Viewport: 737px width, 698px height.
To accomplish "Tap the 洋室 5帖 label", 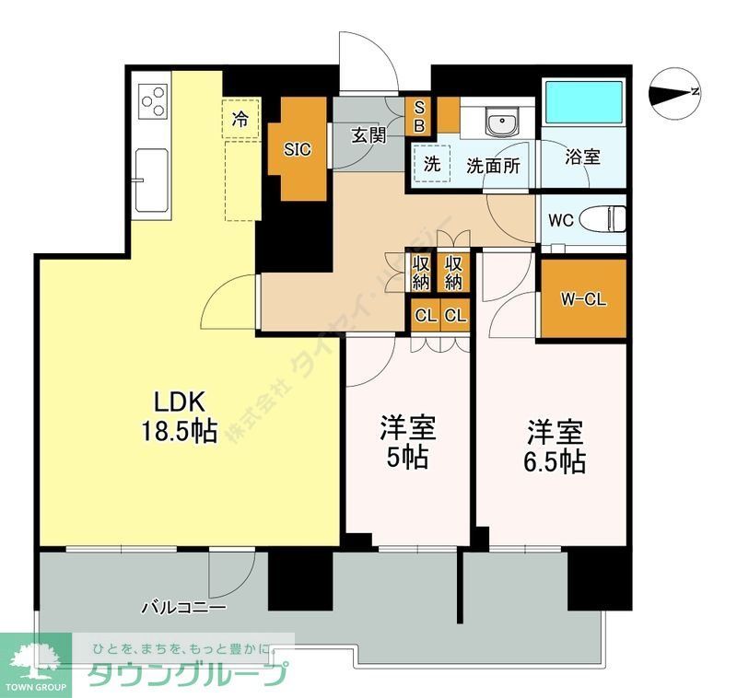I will (x=409, y=443).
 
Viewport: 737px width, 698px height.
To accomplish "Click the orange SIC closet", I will (x=297, y=149).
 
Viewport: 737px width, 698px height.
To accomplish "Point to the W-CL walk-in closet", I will (x=583, y=299).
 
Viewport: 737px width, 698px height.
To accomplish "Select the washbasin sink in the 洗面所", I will (x=502, y=122).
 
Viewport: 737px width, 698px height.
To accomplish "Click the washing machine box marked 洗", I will (x=431, y=166).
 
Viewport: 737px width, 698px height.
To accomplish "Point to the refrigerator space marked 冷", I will (x=240, y=119).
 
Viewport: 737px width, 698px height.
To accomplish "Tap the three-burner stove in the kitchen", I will (x=153, y=100).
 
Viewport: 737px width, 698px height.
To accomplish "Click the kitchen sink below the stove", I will (x=152, y=179).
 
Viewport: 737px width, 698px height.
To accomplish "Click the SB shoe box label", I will (x=418, y=116).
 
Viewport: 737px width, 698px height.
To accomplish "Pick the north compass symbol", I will (x=676, y=92).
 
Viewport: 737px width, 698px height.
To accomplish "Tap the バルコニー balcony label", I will (x=183, y=609).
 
